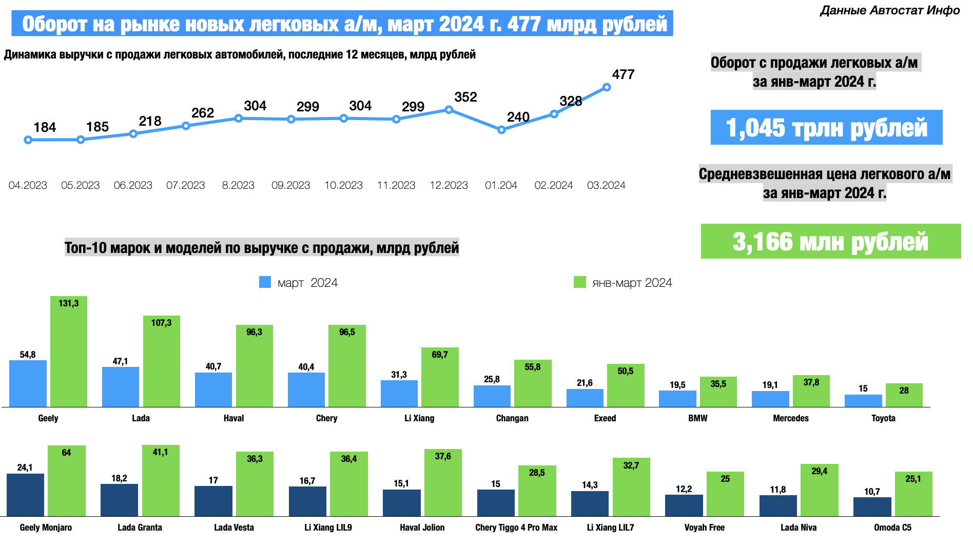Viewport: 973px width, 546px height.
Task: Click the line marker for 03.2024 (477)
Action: (607, 87)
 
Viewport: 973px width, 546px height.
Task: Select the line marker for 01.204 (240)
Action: (501, 130)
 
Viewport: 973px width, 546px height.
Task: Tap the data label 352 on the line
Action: (465, 97)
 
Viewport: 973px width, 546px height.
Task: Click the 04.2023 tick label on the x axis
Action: (28, 185)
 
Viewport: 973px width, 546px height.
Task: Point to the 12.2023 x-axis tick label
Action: (449, 185)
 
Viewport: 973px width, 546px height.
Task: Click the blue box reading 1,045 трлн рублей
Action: (826, 127)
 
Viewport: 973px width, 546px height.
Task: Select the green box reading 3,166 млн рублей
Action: (830, 241)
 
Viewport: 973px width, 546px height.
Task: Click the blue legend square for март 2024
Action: (265, 282)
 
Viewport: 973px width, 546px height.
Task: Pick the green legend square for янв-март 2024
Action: (579, 282)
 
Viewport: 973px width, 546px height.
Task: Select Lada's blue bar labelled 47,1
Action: (121, 387)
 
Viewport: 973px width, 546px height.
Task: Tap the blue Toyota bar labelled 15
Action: (863, 401)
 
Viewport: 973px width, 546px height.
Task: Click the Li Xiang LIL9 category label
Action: (328, 528)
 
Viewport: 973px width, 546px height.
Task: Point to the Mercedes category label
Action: (791, 418)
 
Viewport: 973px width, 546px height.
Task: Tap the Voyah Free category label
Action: (704, 528)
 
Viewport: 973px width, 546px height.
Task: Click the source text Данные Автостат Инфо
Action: (890, 10)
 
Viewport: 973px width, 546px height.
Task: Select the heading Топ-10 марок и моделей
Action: (262, 248)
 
